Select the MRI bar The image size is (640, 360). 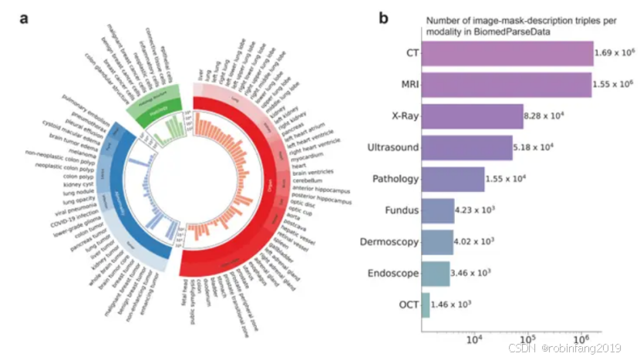tap(506, 86)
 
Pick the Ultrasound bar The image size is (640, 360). tap(467, 147)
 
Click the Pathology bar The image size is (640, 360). tap(453, 179)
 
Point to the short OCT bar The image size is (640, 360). tap(426, 304)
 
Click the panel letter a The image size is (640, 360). tap(25, 17)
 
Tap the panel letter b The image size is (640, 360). tap(383, 17)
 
